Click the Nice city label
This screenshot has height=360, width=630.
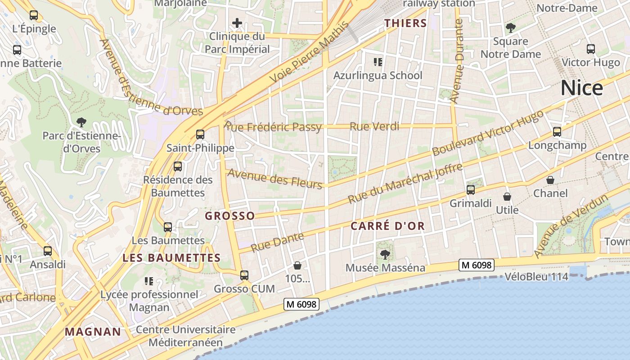tap(581, 88)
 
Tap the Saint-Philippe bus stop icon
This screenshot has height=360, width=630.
tap(200, 134)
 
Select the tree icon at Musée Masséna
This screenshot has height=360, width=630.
tap(385, 255)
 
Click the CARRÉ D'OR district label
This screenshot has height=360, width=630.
tap(387, 226)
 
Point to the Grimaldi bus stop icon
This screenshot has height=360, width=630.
tap(471, 190)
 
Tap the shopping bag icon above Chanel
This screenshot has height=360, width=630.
tap(550, 180)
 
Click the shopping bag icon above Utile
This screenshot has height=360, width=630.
tap(507, 197)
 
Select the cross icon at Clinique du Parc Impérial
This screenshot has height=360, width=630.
tap(237, 23)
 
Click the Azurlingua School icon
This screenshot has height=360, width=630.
tap(378, 62)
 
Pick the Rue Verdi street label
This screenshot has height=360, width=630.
tap(374, 126)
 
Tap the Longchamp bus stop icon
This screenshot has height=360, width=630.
tap(557, 132)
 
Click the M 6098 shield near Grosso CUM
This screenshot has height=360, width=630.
tap(301, 304)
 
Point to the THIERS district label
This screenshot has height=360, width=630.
tap(405, 23)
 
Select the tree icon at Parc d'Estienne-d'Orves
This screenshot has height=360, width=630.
tap(81, 121)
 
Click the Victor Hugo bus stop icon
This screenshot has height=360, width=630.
tap(591, 49)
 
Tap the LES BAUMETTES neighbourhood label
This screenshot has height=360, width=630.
tap(171, 258)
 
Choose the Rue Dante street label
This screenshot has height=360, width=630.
tap(277, 242)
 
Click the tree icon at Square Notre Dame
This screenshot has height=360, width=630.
tap(510, 28)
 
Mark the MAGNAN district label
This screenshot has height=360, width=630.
tap(93, 332)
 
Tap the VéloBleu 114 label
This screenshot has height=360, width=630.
tap(536, 277)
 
